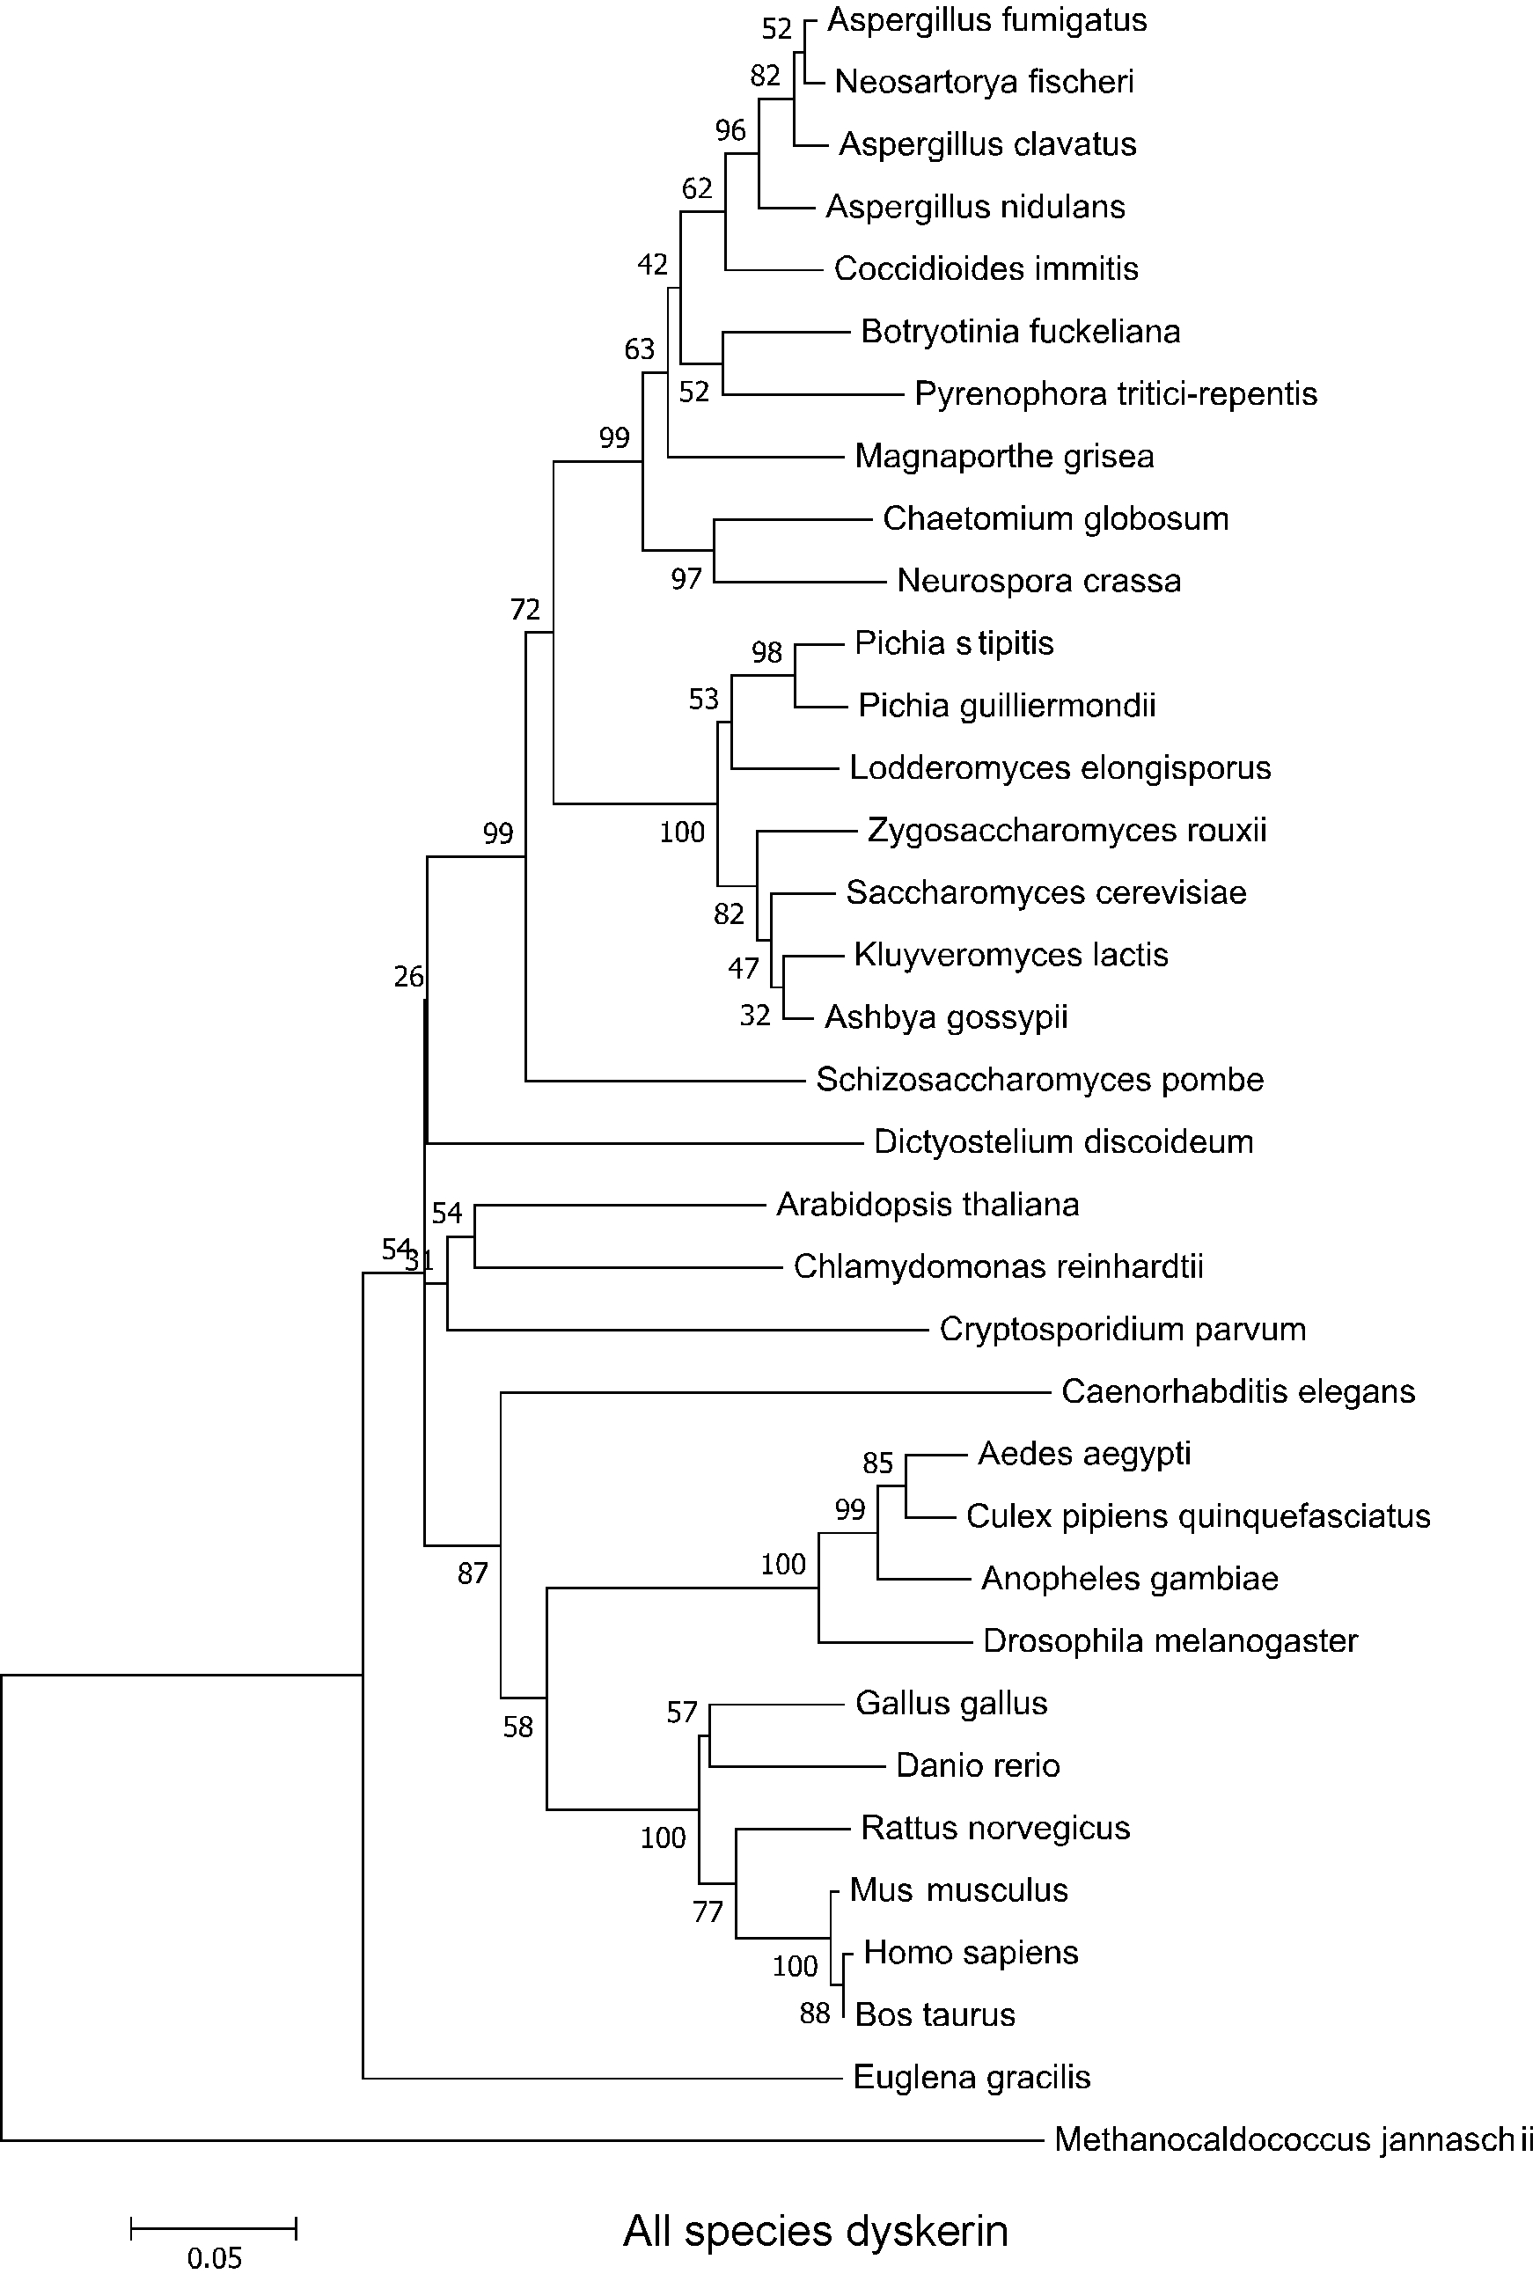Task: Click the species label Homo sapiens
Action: [971, 1952]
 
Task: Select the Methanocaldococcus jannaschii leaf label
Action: [1294, 2140]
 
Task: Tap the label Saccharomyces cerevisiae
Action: [1046, 892]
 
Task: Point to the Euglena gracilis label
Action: [972, 2076]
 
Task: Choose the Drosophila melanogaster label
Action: [1170, 1641]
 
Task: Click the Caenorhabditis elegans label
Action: [1237, 1391]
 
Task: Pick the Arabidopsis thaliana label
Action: [928, 1205]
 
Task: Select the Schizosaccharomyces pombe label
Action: [1040, 1079]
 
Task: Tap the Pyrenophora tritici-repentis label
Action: [1115, 394]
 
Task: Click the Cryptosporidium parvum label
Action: [1122, 1329]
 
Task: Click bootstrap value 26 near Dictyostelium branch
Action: [409, 977]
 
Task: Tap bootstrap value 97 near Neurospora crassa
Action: [686, 579]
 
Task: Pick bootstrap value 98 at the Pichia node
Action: [767, 652]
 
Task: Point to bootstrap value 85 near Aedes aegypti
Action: [877, 1463]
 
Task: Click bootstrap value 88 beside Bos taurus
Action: [814, 2013]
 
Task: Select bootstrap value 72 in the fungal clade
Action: [525, 611]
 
